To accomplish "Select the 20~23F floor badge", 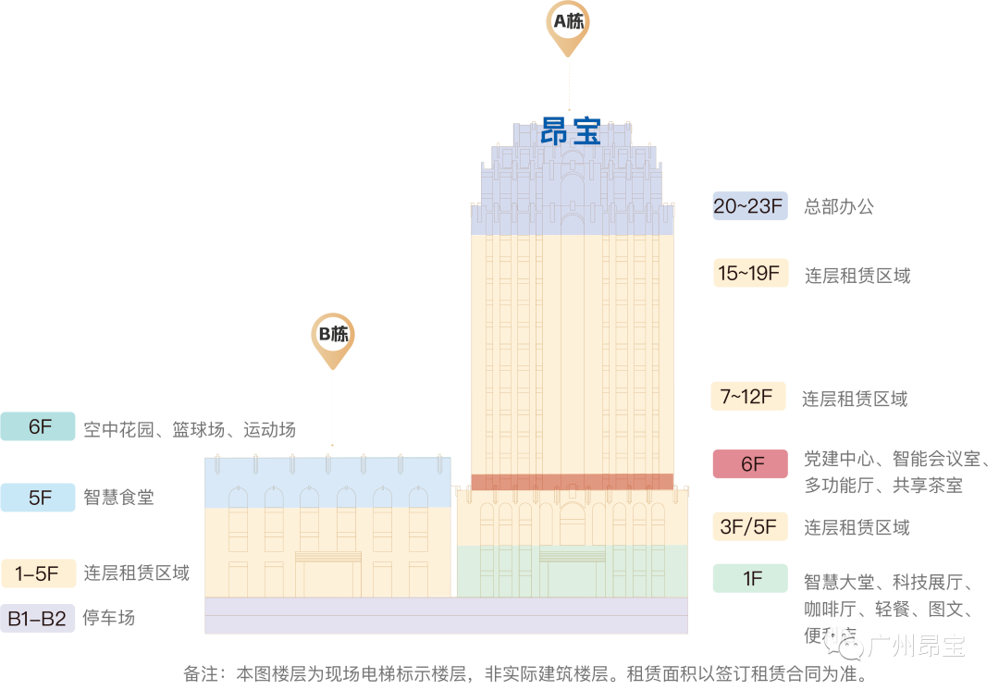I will tap(749, 205).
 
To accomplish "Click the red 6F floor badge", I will tap(749, 462).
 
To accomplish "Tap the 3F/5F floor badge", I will tap(749, 526).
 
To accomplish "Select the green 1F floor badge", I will tap(749, 578).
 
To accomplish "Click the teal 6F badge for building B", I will tap(38, 427).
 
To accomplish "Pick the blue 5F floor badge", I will tap(38, 497).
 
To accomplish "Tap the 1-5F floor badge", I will tap(38, 573).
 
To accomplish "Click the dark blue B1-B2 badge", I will tap(38, 618).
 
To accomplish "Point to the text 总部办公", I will tap(838, 206).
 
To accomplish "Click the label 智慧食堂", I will tap(118, 498).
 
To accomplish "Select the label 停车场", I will tap(108, 618).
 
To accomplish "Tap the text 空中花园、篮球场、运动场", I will tap(189, 429).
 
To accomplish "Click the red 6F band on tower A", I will tap(572, 481).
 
